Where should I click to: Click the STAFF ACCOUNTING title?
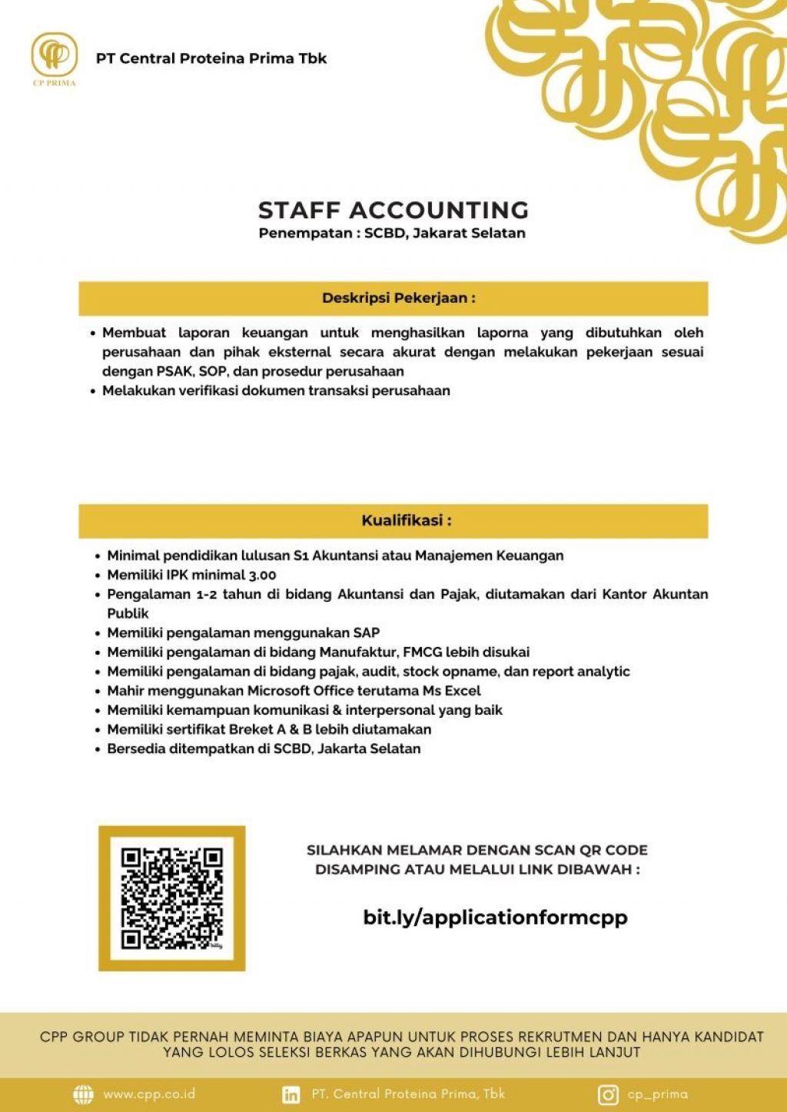[393, 210]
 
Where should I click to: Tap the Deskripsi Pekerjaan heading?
[398, 298]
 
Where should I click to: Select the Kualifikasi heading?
[406, 520]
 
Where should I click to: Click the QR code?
[171, 898]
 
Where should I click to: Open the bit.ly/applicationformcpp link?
[495, 917]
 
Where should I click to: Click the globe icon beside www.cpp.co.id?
[83, 1094]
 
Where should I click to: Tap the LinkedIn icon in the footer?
[291, 1094]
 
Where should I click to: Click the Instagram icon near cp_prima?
[608, 1094]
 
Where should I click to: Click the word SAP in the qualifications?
[367, 632]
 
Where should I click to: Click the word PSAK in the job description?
[174, 371]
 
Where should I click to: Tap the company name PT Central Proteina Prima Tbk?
[211, 58]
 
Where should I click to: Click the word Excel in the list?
[462, 691]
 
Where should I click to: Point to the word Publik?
[128, 613]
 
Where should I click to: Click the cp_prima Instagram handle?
[657, 1094]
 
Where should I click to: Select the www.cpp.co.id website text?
[149, 1094]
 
